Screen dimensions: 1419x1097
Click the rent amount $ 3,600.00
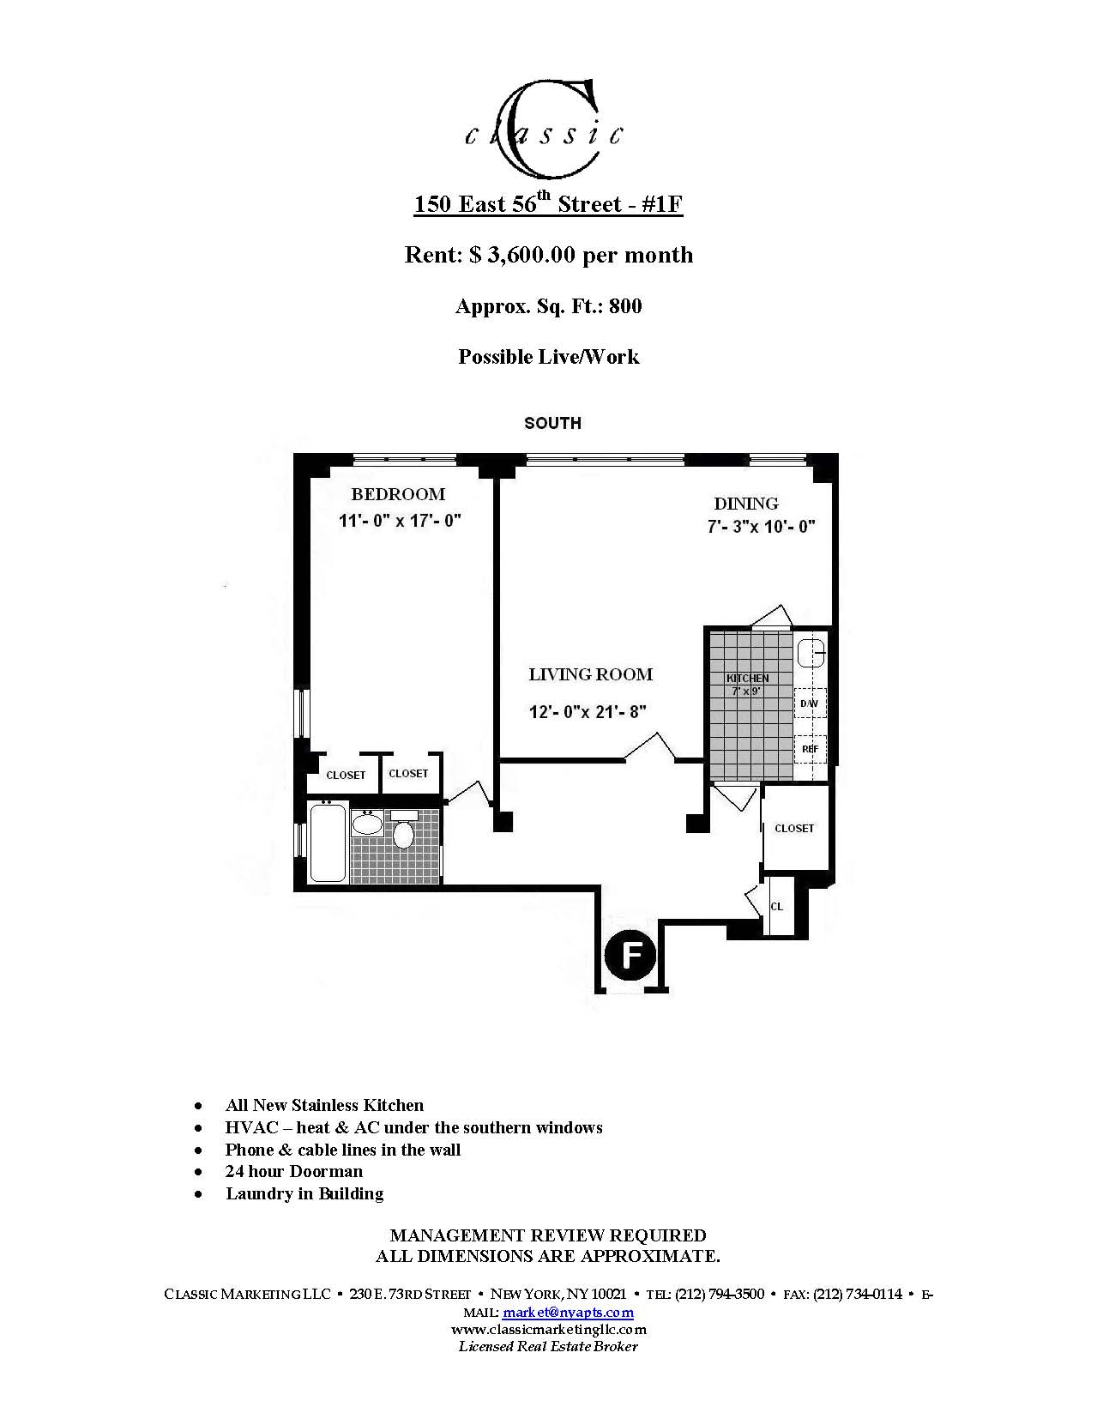click(523, 255)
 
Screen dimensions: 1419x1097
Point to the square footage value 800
click(625, 306)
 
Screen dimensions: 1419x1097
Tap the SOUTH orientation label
click(552, 423)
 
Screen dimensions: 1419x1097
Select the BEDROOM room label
click(398, 494)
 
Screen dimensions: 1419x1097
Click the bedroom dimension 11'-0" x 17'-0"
click(400, 521)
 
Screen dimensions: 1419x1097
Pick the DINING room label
click(746, 504)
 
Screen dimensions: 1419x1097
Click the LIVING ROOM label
click(590, 674)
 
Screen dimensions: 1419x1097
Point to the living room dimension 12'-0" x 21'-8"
click(588, 711)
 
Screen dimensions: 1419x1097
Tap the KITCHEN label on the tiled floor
click(747, 679)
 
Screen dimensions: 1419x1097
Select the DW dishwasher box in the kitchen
click(810, 703)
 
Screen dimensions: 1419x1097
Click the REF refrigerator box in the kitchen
click(810, 749)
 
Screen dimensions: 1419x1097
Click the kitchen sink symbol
click(811, 654)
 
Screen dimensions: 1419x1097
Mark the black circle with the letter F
click(630, 955)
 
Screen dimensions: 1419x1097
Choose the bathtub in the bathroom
click(328, 842)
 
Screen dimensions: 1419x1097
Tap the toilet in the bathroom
click(403, 831)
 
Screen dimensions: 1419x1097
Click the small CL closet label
click(776, 907)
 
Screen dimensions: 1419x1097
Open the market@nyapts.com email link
click(568, 1313)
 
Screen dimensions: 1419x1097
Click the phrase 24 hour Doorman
click(294, 1171)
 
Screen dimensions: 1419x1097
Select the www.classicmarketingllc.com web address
click(549, 1329)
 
